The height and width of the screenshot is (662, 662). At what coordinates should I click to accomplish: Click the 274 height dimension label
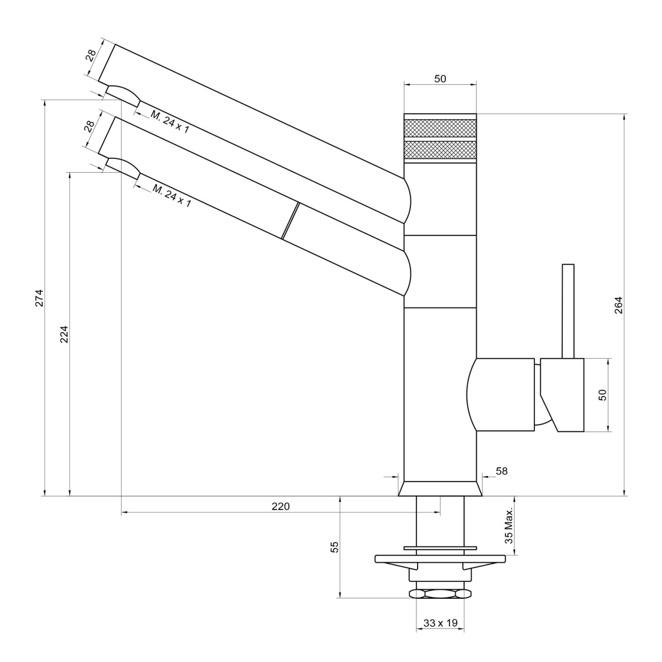39,298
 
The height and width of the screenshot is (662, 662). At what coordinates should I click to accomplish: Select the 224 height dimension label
64,334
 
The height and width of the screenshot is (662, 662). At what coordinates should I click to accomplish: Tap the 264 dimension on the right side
618,305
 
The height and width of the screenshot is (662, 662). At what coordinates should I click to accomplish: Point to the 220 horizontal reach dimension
281,506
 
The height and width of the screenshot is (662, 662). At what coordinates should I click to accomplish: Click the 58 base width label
501,471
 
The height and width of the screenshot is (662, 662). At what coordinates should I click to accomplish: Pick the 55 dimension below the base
335,547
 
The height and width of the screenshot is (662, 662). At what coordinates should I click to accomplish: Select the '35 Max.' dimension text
509,525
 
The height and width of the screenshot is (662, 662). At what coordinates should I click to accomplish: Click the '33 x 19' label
441,623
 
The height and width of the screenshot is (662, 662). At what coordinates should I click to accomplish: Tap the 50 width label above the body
440,79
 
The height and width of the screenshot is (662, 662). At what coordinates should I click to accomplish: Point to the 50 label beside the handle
602,395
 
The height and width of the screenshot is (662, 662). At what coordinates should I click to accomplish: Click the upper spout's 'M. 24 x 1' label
170,122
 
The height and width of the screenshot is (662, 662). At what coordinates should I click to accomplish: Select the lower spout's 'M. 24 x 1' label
172,196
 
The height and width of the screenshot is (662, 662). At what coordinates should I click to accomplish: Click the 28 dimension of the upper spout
91,55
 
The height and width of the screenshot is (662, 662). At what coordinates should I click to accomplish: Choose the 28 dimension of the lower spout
90,126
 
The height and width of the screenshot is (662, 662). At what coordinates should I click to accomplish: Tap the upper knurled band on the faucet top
440,128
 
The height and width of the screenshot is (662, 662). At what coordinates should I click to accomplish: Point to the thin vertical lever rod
568,312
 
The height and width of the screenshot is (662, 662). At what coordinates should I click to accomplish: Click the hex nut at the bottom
440,593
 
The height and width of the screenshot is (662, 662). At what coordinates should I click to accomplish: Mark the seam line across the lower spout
291,221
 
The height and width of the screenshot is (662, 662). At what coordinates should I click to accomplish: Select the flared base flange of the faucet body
440,489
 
